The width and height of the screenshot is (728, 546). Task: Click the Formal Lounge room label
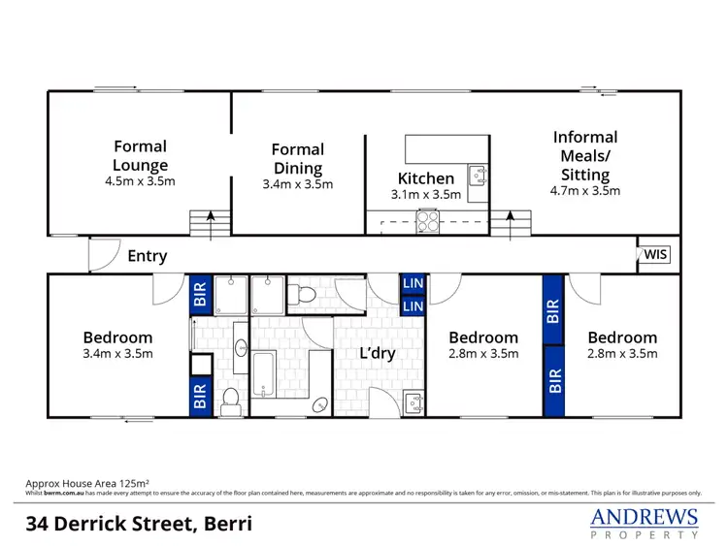coord(140,155)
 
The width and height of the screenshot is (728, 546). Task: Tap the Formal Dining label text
coord(298,158)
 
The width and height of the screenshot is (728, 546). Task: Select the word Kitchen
coord(426,178)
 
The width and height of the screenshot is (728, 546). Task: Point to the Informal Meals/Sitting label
coord(585,155)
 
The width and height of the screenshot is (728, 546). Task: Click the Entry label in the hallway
coord(148,256)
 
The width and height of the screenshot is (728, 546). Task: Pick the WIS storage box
coord(655,255)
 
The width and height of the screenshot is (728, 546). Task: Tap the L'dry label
coord(377,353)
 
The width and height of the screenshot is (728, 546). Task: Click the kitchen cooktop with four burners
coord(428,222)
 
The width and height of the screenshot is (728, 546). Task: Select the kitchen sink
coord(477,176)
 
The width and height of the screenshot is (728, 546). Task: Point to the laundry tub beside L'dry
coord(413,400)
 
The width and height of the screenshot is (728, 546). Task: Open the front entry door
coord(101,254)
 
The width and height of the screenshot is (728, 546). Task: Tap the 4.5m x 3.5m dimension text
coord(140,180)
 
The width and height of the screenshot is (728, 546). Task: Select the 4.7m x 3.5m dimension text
coord(585,191)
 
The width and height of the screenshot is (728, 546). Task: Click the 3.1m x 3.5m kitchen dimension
coord(426,194)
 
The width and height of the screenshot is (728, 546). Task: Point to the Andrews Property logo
coord(645,522)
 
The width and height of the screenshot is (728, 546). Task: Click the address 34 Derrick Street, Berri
coord(139,524)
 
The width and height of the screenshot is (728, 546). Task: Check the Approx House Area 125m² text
coord(86,482)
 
